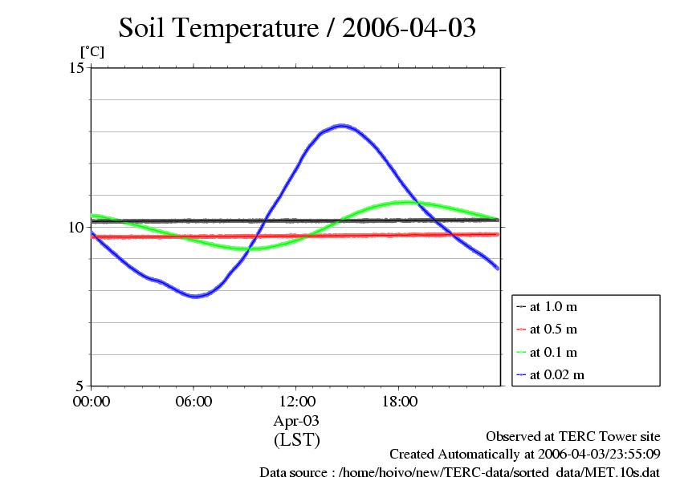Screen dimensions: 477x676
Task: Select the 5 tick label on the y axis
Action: tap(80, 386)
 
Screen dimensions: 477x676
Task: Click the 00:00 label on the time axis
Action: tap(91, 402)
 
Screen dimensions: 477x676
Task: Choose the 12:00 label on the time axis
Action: tap(296, 402)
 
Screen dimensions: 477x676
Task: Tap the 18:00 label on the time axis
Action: tap(399, 402)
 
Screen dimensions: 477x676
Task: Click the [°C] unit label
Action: tap(91, 51)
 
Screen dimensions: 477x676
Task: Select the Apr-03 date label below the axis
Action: tap(296, 420)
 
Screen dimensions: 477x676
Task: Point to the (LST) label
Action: tap(296, 439)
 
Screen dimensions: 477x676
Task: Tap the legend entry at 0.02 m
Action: tap(556, 374)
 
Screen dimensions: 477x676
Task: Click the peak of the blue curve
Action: tap(342, 125)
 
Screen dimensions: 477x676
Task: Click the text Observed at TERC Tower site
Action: tap(572, 436)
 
